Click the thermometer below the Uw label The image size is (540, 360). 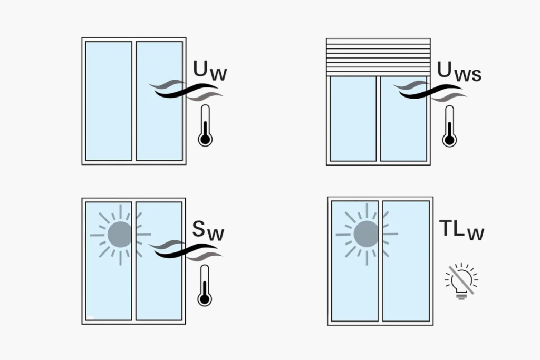[205, 125]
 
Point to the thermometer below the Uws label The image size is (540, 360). [449, 126]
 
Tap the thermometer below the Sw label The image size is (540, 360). [205, 285]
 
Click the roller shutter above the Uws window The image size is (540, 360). [379, 57]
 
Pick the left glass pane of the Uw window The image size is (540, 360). [109, 101]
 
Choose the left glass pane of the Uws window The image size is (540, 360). [353, 119]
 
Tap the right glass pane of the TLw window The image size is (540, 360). [406, 260]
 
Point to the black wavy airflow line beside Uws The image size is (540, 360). [430, 92]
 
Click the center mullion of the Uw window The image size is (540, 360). [134, 101]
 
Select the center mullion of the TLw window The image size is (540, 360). [380, 260]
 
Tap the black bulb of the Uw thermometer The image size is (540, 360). [205, 140]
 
